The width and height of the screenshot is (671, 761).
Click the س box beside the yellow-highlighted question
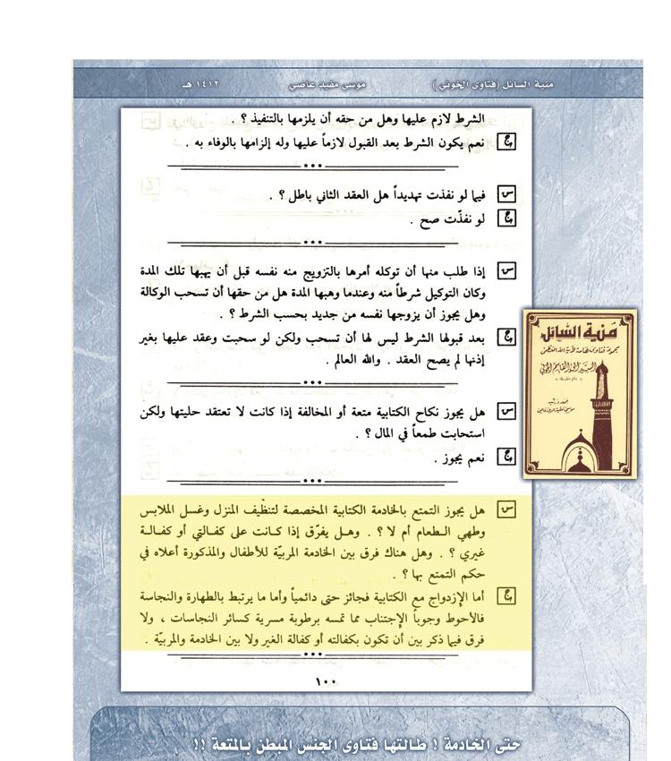507,511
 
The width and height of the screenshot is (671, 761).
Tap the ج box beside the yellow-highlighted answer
507,596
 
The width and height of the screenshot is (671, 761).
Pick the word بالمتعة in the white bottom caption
227,745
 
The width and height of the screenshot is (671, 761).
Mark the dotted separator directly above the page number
311,654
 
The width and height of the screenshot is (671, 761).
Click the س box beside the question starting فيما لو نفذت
507,193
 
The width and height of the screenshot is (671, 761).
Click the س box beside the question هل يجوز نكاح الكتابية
507,413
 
